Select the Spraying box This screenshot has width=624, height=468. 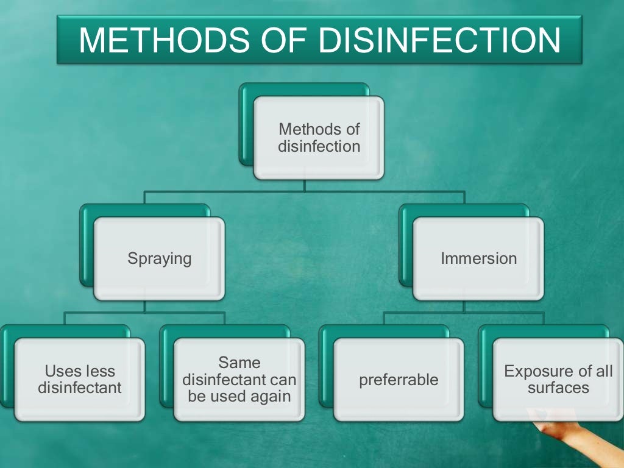tap(159, 258)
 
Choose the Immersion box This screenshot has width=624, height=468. tap(478, 258)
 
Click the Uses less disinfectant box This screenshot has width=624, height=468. tap(80, 379)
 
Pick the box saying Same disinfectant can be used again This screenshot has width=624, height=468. tap(239, 379)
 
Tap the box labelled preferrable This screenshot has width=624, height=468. tap(399, 379)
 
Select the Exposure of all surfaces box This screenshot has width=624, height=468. tap(558, 379)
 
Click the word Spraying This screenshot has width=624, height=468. tap(159, 258)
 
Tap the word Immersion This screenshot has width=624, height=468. tap(478, 258)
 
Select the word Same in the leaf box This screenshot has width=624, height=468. tap(239, 363)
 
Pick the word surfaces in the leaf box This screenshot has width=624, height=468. tap(558, 388)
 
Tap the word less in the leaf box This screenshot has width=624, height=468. tap(99, 372)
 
